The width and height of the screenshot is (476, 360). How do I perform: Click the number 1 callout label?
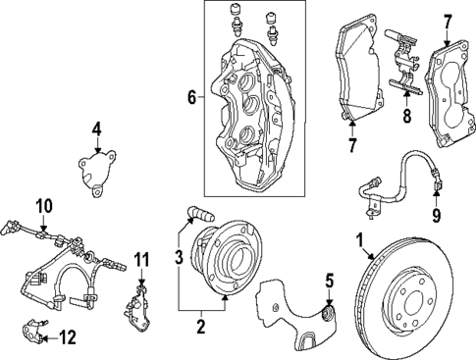click(x=360, y=239)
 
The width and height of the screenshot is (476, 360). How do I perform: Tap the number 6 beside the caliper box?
click(x=192, y=96)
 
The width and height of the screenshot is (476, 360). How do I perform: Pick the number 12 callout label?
click(x=67, y=338)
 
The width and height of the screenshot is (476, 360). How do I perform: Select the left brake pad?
click(x=358, y=69)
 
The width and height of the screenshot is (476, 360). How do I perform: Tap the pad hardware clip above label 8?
click(x=401, y=63)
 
